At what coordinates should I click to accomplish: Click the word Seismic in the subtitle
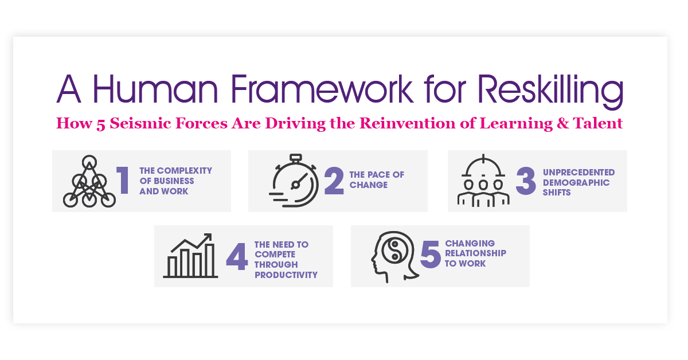point(137,123)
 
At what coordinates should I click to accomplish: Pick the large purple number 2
point(333,180)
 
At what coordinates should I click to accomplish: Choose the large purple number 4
point(237,256)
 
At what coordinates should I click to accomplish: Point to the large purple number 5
point(430,255)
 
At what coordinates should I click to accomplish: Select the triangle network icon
point(89,181)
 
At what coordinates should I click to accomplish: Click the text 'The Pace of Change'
point(368,180)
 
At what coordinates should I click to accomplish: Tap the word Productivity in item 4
point(286,275)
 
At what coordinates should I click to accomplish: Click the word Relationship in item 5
point(475,253)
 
